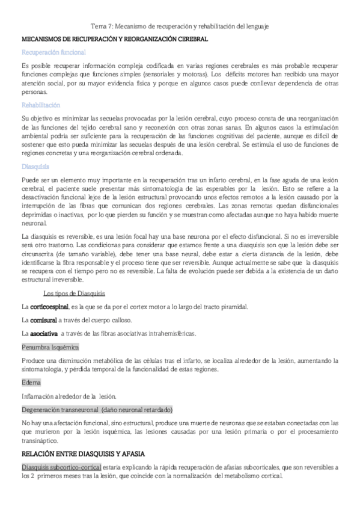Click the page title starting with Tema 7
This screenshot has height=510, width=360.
pos(180,26)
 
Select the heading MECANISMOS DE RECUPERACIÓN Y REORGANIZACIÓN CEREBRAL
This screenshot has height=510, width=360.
pos(115,39)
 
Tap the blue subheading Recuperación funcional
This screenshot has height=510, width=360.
pos(53,52)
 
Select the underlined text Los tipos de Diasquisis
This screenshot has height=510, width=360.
pos(75,293)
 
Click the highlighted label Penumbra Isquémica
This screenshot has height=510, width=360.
pos(50,348)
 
